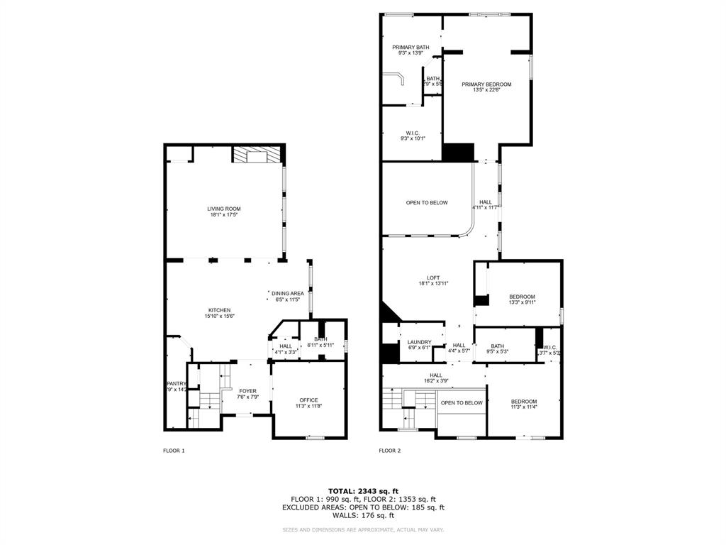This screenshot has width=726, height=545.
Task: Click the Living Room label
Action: click(x=224, y=209)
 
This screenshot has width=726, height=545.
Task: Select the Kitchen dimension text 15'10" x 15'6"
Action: click(x=220, y=316)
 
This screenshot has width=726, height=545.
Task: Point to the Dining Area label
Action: click(x=288, y=293)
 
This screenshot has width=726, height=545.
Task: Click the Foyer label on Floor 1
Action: click(x=247, y=390)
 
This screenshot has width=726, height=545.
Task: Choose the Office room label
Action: click(x=308, y=400)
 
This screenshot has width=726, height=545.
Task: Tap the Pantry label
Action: click(x=176, y=384)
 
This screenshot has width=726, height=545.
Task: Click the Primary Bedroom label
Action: click(x=486, y=84)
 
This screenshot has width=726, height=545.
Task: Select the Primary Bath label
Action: click(x=411, y=48)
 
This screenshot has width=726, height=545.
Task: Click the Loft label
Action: click(x=433, y=277)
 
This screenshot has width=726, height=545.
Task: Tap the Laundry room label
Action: click(x=419, y=342)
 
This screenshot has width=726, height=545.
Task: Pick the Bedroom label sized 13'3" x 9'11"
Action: click(x=522, y=296)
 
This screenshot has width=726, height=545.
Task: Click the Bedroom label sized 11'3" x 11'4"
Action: click(x=524, y=401)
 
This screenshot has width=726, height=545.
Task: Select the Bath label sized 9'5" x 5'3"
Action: click(x=497, y=346)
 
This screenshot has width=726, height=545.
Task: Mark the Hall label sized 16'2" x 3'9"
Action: click(x=435, y=375)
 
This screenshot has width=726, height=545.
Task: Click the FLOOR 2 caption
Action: click(x=389, y=451)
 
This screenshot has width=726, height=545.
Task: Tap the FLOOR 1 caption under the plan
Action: click(x=174, y=451)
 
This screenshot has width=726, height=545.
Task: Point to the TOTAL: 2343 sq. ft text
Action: click(x=363, y=491)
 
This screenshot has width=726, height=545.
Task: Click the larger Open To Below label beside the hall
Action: click(x=427, y=202)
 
